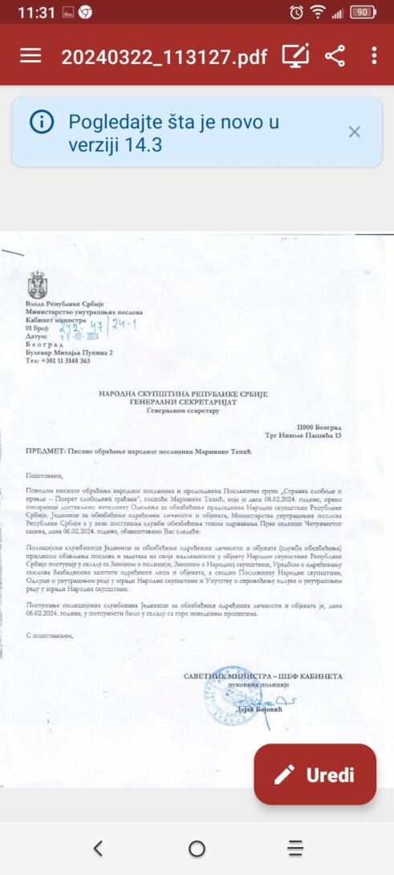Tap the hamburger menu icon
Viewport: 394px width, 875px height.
point(30,55)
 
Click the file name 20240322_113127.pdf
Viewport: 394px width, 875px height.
point(165,56)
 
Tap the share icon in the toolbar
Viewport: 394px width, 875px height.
point(335,55)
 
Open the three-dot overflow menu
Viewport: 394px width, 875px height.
point(374,55)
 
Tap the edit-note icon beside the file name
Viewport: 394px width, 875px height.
point(295,55)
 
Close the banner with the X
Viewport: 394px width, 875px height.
point(355,132)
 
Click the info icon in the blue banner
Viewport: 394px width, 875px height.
point(42,122)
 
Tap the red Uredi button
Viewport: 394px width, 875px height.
point(315,775)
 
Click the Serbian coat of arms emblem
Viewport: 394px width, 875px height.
point(37,286)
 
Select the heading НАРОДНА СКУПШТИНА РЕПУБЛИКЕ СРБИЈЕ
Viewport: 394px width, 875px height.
point(183,394)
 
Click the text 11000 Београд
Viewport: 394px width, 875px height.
point(319,427)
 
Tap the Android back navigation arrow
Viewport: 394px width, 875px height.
point(98,848)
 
